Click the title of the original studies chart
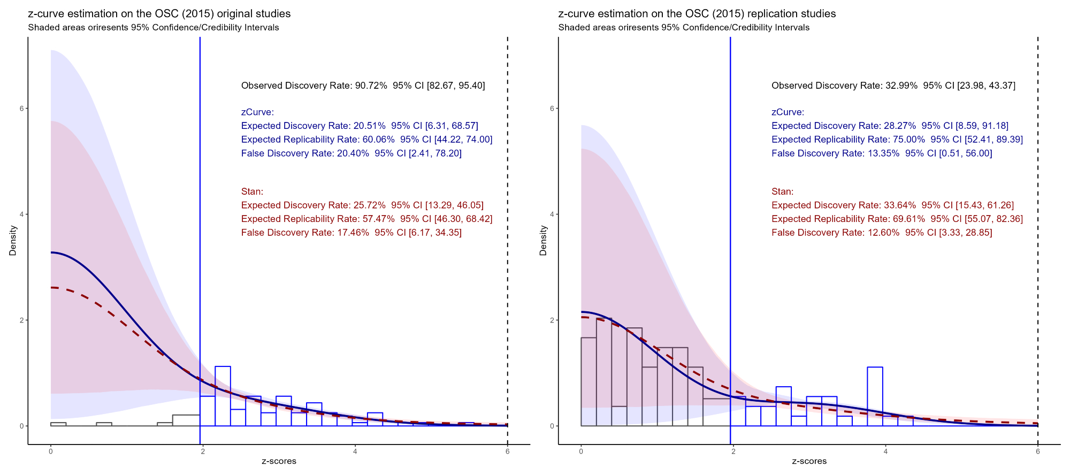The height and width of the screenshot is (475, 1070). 159,14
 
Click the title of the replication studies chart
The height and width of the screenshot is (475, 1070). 697,14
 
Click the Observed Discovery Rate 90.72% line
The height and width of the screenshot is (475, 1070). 363,86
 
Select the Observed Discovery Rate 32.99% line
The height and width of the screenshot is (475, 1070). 893,86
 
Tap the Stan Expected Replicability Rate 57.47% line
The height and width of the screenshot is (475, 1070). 366,219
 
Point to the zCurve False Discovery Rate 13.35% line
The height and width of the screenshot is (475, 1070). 881,154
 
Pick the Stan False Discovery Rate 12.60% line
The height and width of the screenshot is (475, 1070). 881,233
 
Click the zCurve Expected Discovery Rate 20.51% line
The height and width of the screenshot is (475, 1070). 360,126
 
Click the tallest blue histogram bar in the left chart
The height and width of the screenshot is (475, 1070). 223,396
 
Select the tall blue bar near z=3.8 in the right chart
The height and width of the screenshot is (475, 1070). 875,396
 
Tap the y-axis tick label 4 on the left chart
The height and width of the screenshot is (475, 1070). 22,214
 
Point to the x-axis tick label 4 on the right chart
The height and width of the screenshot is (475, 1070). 885,451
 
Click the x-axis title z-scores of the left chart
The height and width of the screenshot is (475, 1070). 279,461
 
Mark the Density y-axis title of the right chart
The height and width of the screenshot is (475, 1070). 543,240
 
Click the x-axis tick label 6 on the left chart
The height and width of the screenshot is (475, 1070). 507,451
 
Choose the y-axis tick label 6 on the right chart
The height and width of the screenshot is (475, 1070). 552,109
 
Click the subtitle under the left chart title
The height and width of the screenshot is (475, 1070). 153,28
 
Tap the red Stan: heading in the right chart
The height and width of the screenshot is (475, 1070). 782,191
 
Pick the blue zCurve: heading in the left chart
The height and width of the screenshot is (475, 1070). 257,112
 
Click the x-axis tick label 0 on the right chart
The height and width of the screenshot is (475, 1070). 581,451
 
